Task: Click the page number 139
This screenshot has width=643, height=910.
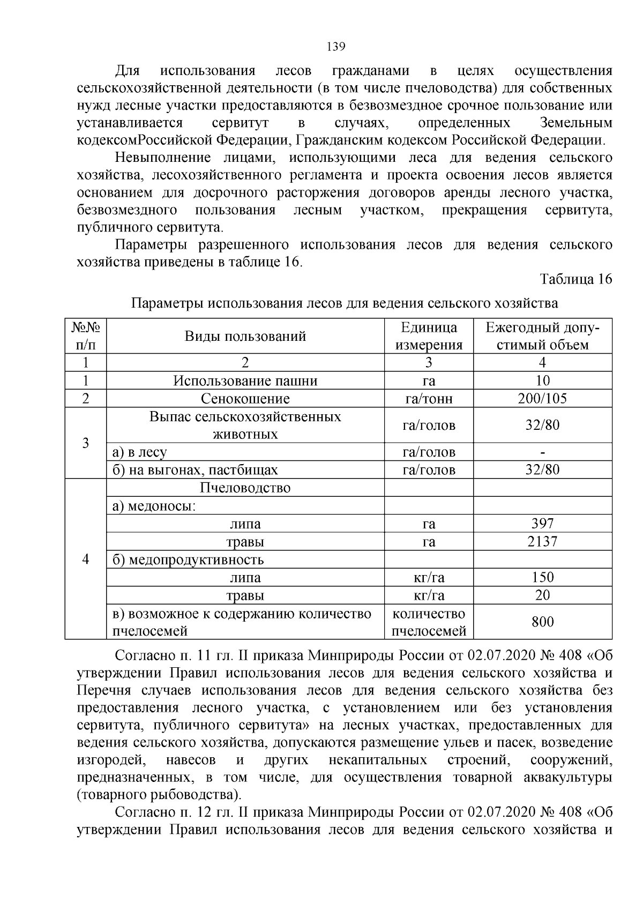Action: pyautogui.click(x=336, y=47)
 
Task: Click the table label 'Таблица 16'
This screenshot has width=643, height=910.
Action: pyautogui.click(x=575, y=279)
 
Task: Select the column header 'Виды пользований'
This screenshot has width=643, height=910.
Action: pyautogui.click(x=245, y=336)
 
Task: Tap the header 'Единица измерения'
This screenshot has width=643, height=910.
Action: pyautogui.click(x=429, y=336)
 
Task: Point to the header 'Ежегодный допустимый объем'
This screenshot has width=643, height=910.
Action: pyautogui.click(x=542, y=336)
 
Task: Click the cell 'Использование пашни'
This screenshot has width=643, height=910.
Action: pyautogui.click(x=245, y=381)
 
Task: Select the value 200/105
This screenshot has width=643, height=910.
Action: pyautogui.click(x=542, y=398)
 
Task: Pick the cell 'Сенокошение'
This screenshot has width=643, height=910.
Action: pyautogui.click(x=245, y=399)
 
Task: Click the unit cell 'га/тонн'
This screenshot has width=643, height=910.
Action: pyautogui.click(x=429, y=399)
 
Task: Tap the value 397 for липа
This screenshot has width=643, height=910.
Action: pyautogui.click(x=542, y=524)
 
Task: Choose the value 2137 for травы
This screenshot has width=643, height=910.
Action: pyautogui.click(x=542, y=541)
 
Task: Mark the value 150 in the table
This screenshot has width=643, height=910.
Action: pyautogui.click(x=542, y=577)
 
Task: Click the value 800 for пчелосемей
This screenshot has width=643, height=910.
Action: pyautogui.click(x=542, y=622)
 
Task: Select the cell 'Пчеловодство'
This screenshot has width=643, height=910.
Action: pyautogui.click(x=245, y=488)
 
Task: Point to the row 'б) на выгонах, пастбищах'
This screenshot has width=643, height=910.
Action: pyautogui.click(x=196, y=470)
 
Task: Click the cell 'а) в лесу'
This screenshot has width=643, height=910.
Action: pyautogui.click(x=140, y=452)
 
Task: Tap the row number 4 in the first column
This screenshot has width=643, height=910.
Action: pyautogui.click(x=85, y=559)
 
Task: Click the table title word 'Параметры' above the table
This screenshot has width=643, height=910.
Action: pyautogui.click(x=168, y=303)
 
